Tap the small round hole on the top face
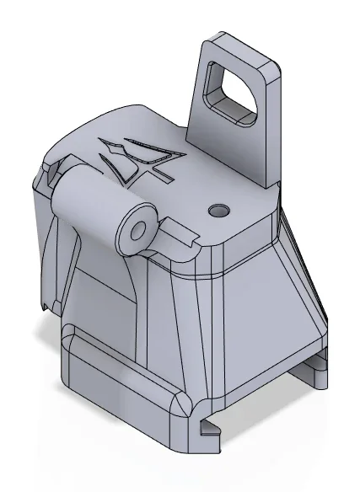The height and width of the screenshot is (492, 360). click(x=221, y=208)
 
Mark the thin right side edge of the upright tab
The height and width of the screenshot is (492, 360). click(x=277, y=126)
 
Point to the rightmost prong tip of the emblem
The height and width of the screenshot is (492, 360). click(x=177, y=156)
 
